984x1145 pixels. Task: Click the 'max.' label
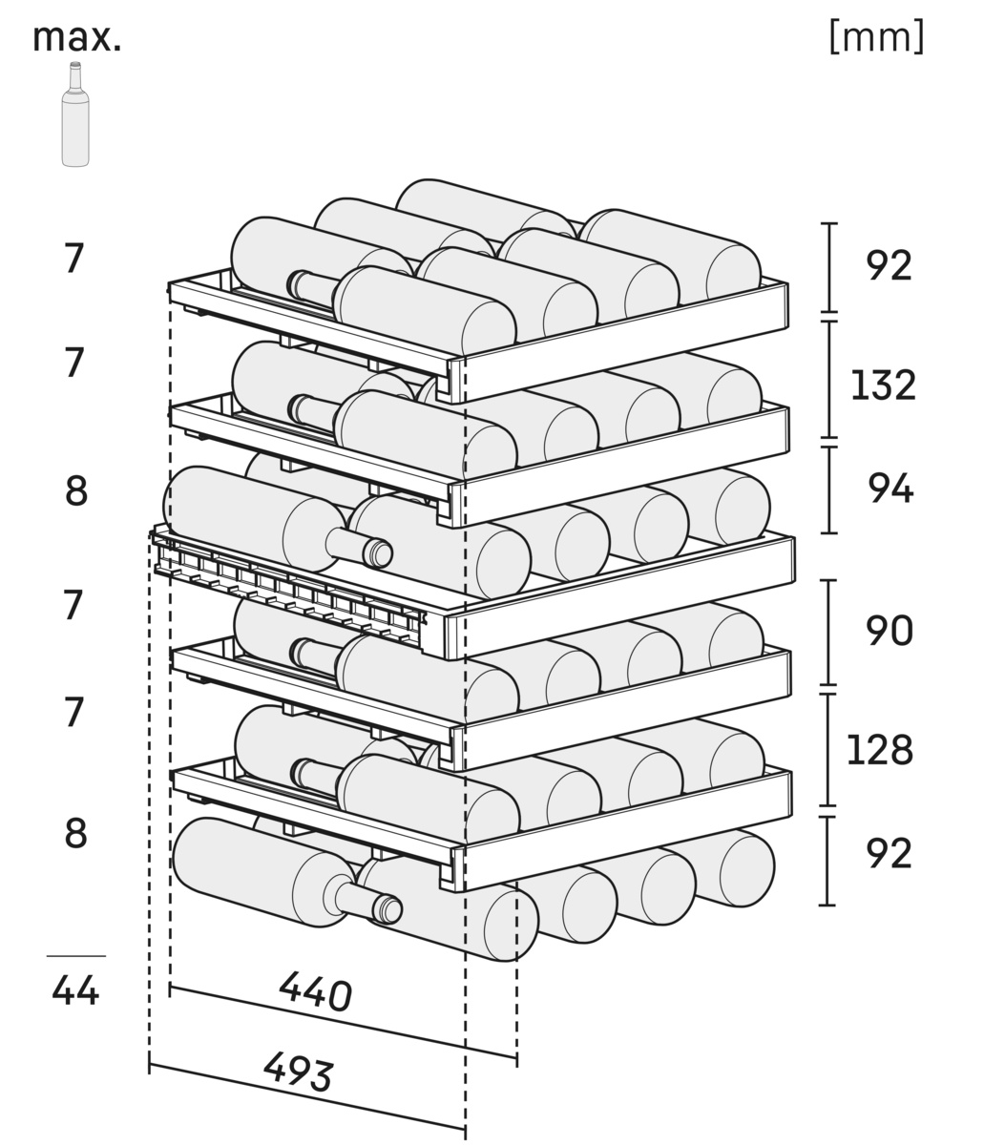[x=76, y=37]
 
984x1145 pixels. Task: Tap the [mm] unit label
[x=876, y=37]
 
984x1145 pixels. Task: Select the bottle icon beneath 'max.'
[x=75, y=114]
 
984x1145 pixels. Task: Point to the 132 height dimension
[x=883, y=385]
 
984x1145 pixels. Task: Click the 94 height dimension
[x=890, y=489]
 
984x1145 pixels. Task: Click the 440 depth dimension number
[x=316, y=992]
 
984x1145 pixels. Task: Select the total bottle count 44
[x=75, y=990]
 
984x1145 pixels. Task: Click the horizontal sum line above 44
[x=75, y=955]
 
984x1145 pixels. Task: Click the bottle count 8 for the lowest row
[x=76, y=834]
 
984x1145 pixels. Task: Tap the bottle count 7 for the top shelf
[x=74, y=259]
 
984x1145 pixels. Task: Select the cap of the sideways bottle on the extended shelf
[x=380, y=553]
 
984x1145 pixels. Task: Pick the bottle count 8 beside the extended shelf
[x=76, y=490]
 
